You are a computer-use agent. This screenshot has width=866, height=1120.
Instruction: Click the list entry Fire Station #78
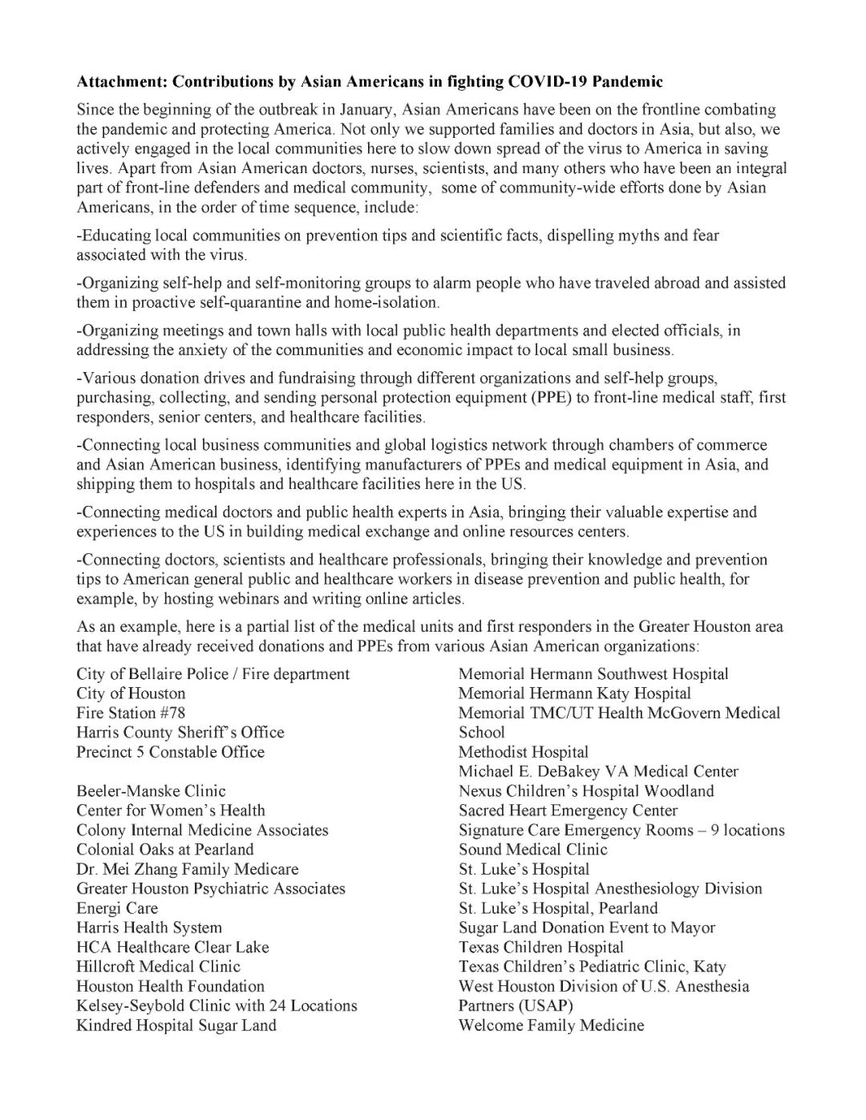131,713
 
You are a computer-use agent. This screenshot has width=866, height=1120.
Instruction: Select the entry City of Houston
131,693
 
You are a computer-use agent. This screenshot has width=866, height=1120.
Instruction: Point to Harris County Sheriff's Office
180,732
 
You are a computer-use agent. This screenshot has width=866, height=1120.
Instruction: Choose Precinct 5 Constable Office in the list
170,752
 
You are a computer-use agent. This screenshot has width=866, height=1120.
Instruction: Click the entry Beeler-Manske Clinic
151,791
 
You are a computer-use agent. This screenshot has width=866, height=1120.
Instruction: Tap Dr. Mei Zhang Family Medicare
187,869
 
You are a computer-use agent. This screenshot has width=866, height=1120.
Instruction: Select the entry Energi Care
117,908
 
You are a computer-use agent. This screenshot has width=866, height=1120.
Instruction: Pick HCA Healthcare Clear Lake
172,947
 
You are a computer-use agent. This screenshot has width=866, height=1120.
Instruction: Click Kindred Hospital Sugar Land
176,1025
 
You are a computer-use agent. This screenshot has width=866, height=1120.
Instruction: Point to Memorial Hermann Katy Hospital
574,693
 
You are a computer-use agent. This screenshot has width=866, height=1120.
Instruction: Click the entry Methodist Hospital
523,752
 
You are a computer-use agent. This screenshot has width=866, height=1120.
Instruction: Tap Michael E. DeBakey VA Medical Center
598,771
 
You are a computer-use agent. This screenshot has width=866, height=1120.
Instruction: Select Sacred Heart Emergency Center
568,811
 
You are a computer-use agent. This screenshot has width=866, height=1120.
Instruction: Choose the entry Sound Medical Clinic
532,850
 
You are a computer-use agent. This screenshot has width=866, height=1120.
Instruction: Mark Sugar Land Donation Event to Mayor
586,928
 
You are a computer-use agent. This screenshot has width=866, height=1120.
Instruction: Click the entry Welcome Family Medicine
551,1025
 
